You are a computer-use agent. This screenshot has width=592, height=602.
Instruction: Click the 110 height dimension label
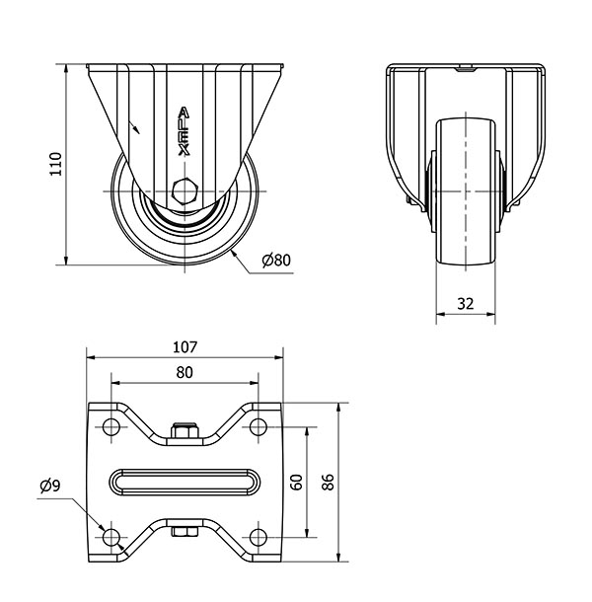(55, 164)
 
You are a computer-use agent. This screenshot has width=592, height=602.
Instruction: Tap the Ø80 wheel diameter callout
(276, 261)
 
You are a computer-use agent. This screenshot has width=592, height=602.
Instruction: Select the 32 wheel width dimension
(466, 304)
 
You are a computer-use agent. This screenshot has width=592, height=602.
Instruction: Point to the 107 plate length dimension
(185, 347)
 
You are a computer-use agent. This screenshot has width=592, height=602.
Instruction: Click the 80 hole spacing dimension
(185, 372)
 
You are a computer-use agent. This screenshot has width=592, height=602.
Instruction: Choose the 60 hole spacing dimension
(296, 483)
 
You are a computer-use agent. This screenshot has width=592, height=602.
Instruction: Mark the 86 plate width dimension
(328, 483)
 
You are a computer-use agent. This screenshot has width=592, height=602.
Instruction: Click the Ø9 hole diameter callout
(50, 487)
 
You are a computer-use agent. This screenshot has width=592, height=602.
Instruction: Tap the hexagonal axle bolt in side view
(185, 190)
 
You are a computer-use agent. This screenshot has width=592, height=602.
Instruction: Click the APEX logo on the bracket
(185, 131)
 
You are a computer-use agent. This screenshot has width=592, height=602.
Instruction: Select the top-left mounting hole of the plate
(111, 426)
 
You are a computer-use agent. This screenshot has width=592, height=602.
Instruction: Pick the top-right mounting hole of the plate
(259, 426)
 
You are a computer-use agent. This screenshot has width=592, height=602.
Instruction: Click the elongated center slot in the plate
(185, 482)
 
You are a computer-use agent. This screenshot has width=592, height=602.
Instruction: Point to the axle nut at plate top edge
(185, 430)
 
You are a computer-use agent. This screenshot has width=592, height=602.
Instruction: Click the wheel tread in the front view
(466, 191)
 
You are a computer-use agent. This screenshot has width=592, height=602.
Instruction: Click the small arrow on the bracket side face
(134, 127)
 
